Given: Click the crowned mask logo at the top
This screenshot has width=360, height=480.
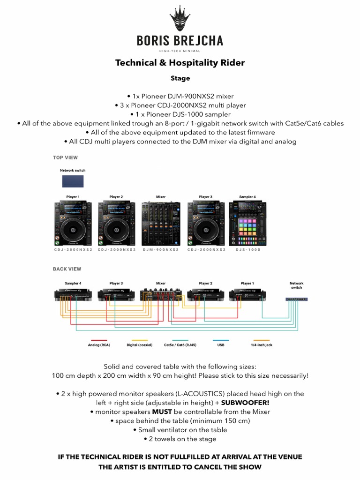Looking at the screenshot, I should click(180, 19).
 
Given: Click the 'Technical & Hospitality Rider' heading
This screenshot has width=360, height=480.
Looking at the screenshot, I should click(180, 62).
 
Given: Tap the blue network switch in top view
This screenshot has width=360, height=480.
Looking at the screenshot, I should click(73, 181).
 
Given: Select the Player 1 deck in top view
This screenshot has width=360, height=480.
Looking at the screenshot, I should click(73, 224).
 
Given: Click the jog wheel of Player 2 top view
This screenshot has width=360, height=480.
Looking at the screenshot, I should click(116, 229).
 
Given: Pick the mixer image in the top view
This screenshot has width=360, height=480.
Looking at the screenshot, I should click(161, 224).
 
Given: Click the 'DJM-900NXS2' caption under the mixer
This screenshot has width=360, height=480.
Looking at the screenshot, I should click(161, 250).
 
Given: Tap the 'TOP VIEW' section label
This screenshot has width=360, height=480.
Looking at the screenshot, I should click(65, 158).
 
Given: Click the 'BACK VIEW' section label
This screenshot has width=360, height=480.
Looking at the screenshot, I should click(67, 269).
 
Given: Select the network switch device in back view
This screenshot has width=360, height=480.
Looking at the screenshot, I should click(297, 299).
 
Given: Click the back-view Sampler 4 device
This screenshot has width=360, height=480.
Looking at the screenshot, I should click(73, 294).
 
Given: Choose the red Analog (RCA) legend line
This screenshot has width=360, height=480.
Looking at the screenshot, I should click(99, 340).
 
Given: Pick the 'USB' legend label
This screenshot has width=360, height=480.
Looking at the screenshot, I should click(221, 345).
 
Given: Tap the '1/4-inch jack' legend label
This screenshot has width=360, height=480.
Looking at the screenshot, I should click(262, 345).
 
